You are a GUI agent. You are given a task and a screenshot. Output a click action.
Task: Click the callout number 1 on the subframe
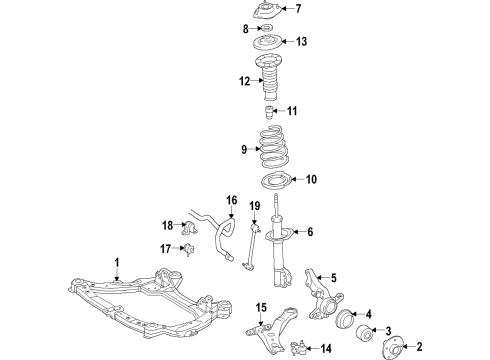(x=116, y=262)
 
